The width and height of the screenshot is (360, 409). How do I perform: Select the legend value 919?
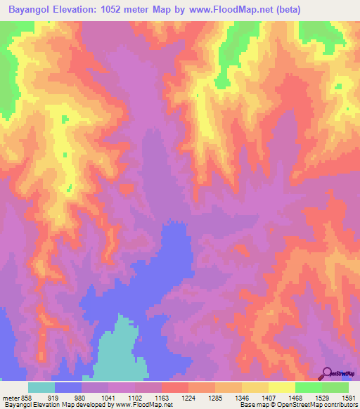(53, 397)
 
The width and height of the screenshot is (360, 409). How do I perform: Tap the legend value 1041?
(108, 397)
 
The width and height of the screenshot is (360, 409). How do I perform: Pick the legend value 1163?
(161, 397)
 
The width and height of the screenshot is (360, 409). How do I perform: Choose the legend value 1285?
(214, 397)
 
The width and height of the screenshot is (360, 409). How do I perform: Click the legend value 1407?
(268, 397)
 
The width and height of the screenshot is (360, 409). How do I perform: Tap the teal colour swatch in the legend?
(41, 387)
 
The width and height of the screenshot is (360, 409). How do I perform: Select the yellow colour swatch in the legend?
(281, 387)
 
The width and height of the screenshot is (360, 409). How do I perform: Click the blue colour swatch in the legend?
(67, 387)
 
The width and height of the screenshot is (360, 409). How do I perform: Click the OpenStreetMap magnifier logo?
(328, 373)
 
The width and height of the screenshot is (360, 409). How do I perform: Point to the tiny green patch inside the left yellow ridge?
(69, 188)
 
